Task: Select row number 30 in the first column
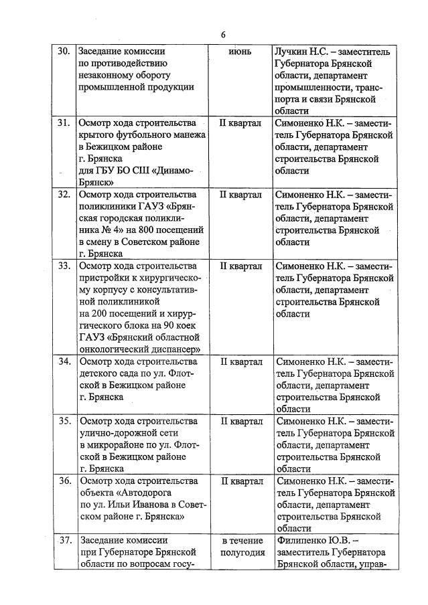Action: pyautogui.click(x=64, y=52)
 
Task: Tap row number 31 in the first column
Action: pyautogui.click(x=64, y=123)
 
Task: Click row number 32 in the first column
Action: pyautogui.click(x=64, y=195)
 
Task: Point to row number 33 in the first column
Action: pyautogui.click(x=64, y=266)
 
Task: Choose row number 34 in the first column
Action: pyautogui.click(x=64, y=362)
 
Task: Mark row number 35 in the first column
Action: pyautogui.click(x=64, y=422)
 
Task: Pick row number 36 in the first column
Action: pyautogui.click(x=64, y=481)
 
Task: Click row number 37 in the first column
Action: pyautogui.click(x=64, y=540)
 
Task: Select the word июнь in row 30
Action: pyautogui.click(x=240, y=52)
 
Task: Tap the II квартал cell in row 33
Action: pyautogui.click(x=240, y=266)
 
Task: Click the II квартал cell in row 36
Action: pyautogui.click(x=240, y=481)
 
